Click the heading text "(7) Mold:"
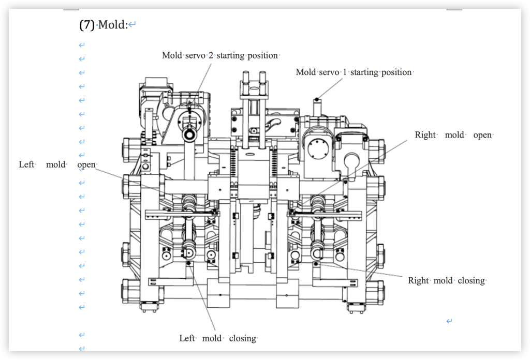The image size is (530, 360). click(x=104, y=24)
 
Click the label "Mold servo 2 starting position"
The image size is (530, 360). click(x=220, y=55)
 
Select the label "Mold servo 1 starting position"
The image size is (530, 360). click(x=354, y=72)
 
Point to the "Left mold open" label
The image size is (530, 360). click(x=57, y=164)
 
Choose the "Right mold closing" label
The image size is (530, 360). click(x=446, y=280)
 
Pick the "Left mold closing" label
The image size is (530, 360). click(x=218, y=338)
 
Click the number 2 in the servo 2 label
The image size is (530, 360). click(x=211, y=55)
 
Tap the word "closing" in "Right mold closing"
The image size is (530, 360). click(x=471, y=280)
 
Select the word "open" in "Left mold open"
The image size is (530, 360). click(x=86, y=164)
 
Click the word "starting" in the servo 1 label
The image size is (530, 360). click(x=364, y=72)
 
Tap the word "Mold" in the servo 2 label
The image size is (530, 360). click(x=171, y=55)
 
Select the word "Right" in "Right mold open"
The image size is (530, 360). click(x=425, y=135)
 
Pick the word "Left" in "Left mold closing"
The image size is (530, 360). click(x=187, y=338)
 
